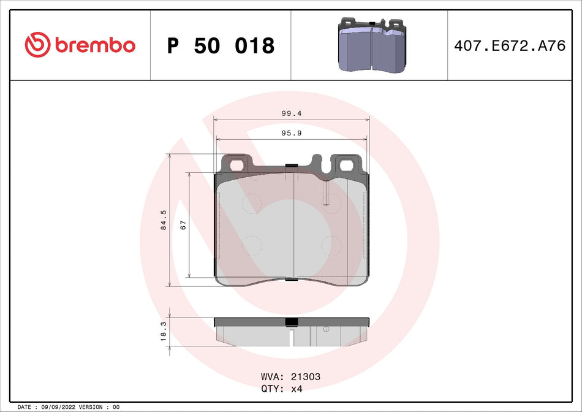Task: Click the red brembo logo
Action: [80, 44]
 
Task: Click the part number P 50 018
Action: [221, 45]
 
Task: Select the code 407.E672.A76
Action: [510, 46]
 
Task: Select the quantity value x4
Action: [297, 389]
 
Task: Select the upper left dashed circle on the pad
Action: [252, 203]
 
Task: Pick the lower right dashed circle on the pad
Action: [331, 245]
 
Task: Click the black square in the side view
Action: [292, 322]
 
